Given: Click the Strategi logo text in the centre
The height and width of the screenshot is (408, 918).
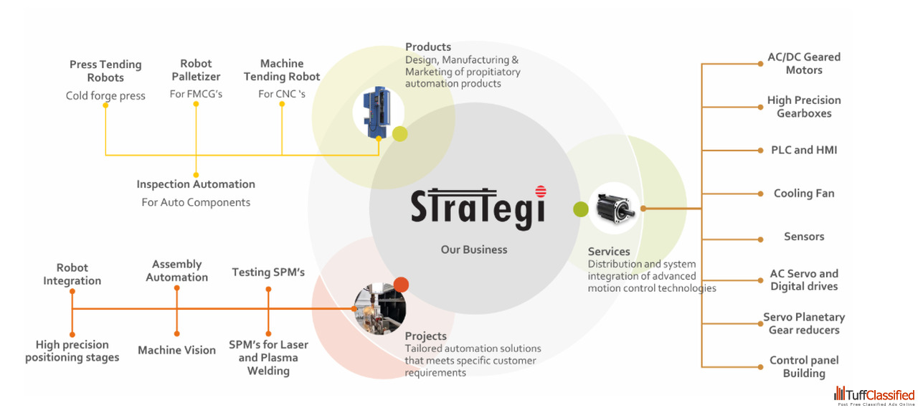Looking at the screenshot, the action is pyautogui.click(x=478, y=208).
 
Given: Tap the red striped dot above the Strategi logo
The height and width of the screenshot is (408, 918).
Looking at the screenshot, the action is pyautogui.click(x=541, y=191).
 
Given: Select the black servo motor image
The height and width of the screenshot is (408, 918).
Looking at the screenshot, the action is pyautogui.click(x=615, y=209).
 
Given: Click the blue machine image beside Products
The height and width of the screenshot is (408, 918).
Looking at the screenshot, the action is pyautogui.click(x=377, y=113).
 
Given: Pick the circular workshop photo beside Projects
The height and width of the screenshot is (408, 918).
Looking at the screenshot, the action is pyautogui.click(x=380, y=308).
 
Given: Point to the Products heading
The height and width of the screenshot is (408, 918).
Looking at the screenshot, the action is pyautogui.click(x=428, y=47).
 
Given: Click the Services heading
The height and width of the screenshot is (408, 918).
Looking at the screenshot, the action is pyautogui.click(x=609, y=252).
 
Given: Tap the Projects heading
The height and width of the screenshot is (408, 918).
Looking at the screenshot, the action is pyautogui.click(x=425, y=336).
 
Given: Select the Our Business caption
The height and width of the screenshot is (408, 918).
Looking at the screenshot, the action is pyautogui.click(x=474, y=250).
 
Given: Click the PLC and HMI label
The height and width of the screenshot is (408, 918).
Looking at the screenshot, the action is pyautogui.click(x=804, y=150).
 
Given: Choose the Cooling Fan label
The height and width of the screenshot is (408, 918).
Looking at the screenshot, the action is pyautogui.click(x=804, y=194).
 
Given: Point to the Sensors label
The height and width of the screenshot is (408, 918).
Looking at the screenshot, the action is pyautogui.click(x=804, y=237).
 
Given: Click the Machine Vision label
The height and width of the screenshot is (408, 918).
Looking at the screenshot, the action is pyautogui.click(x=176, y=350).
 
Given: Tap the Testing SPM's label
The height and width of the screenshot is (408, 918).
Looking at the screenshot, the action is pyautogui.click(x=268, y=272).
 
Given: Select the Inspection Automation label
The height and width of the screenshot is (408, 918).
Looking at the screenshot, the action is pyautogui.click(x=196, y=184).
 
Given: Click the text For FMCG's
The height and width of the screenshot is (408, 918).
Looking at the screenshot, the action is pyautogui.click(x=196, y=94).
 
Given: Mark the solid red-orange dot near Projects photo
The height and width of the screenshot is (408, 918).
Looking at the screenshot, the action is pyautogui.click(x=401, y=285).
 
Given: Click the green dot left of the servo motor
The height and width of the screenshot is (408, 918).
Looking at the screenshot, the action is pyautogui.click(x=581, y=209).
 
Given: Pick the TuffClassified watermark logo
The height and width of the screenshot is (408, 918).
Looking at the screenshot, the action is pyautogui.click(x=874, y=396).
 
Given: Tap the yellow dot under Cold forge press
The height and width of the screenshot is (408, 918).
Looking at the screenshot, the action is pyautogui.click(x=105, y=105).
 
